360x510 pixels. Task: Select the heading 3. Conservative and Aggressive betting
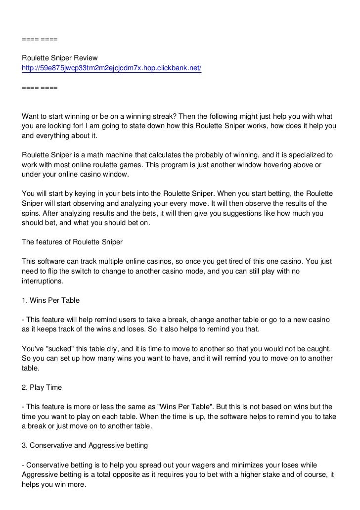click(85, 445)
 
